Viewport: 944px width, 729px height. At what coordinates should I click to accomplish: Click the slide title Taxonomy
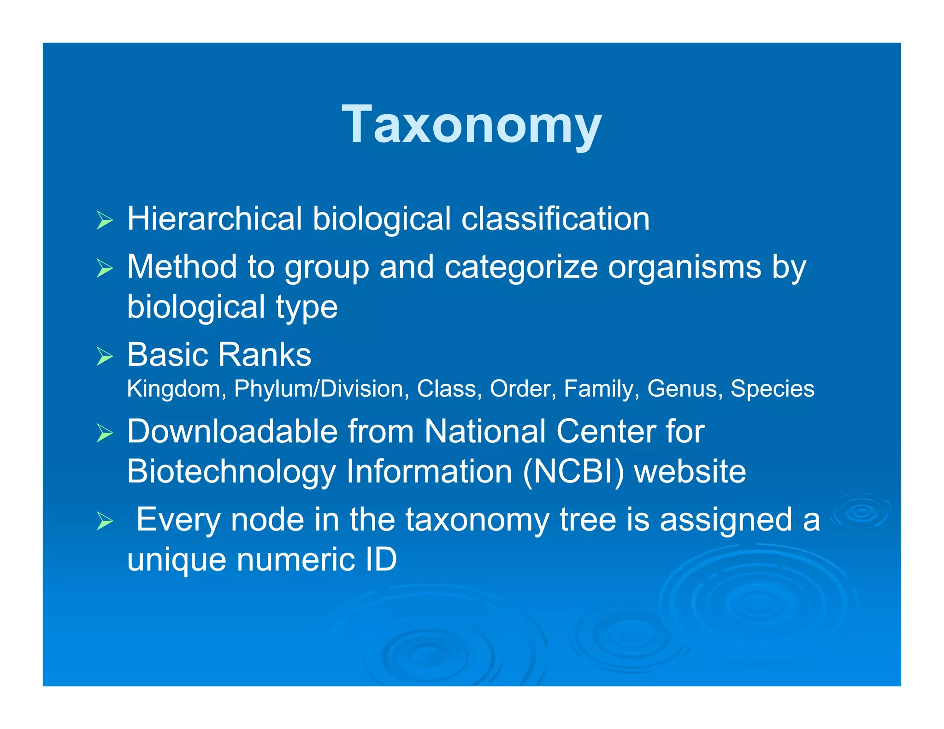click(472, 124)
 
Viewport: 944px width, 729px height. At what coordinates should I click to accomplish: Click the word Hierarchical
click(214, 218)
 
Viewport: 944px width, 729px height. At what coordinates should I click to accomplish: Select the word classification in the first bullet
click(555, 218)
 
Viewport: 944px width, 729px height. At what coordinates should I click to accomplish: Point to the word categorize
click(521, 268)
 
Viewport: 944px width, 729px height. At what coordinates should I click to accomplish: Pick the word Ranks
click(265, 355)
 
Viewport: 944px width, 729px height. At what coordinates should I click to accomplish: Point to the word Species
click(773, 389)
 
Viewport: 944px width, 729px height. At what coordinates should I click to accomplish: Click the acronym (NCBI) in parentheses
click(573, 472)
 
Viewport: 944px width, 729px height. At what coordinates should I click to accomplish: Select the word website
click(690, 472)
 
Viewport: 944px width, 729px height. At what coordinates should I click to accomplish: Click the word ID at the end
click(381, 560)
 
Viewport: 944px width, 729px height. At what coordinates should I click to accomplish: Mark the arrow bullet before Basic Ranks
click(105, 356)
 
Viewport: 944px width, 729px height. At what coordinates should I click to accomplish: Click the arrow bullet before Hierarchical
click(105, 220)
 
